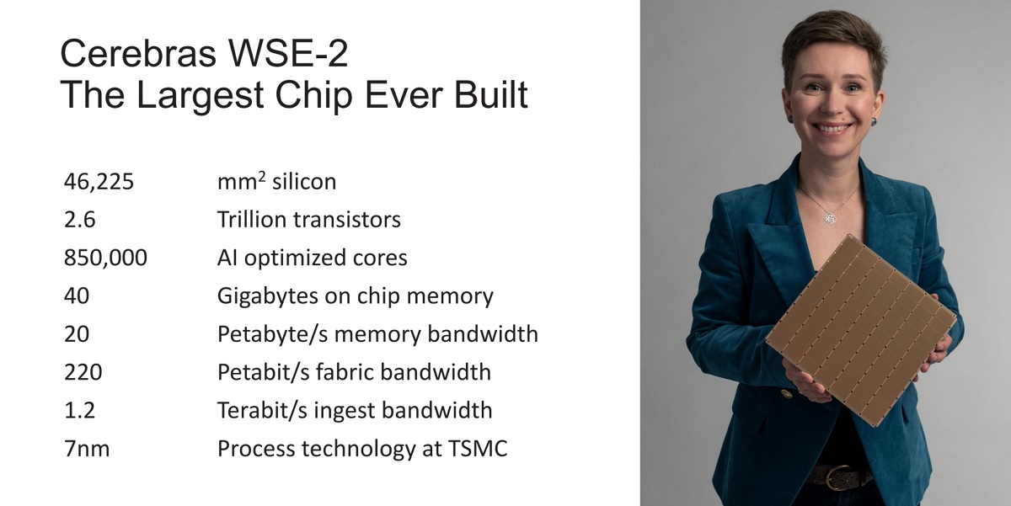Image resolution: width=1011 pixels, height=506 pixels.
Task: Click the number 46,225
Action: click(99, 182)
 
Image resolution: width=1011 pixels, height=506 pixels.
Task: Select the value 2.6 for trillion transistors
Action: click(80, 220)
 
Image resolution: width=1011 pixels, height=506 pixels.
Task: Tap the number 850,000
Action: click(105, 258)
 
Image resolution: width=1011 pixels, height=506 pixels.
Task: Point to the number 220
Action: click(83, 372)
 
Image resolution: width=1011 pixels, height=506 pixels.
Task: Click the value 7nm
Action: click(87, 449)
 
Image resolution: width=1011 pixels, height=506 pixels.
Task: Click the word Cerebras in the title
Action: click(138, 54)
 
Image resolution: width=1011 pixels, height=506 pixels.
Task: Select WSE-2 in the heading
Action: click(288, 53)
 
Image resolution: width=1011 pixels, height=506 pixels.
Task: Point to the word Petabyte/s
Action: click(273, 334)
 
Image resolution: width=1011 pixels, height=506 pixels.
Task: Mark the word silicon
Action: click(304, 182)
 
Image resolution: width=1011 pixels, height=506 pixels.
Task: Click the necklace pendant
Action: click(830, 219)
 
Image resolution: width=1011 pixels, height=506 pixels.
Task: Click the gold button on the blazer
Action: click(787, 394)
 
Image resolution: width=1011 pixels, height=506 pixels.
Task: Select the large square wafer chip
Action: click(861, 330)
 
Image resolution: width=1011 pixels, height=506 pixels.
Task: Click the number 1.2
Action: click(79, 410)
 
